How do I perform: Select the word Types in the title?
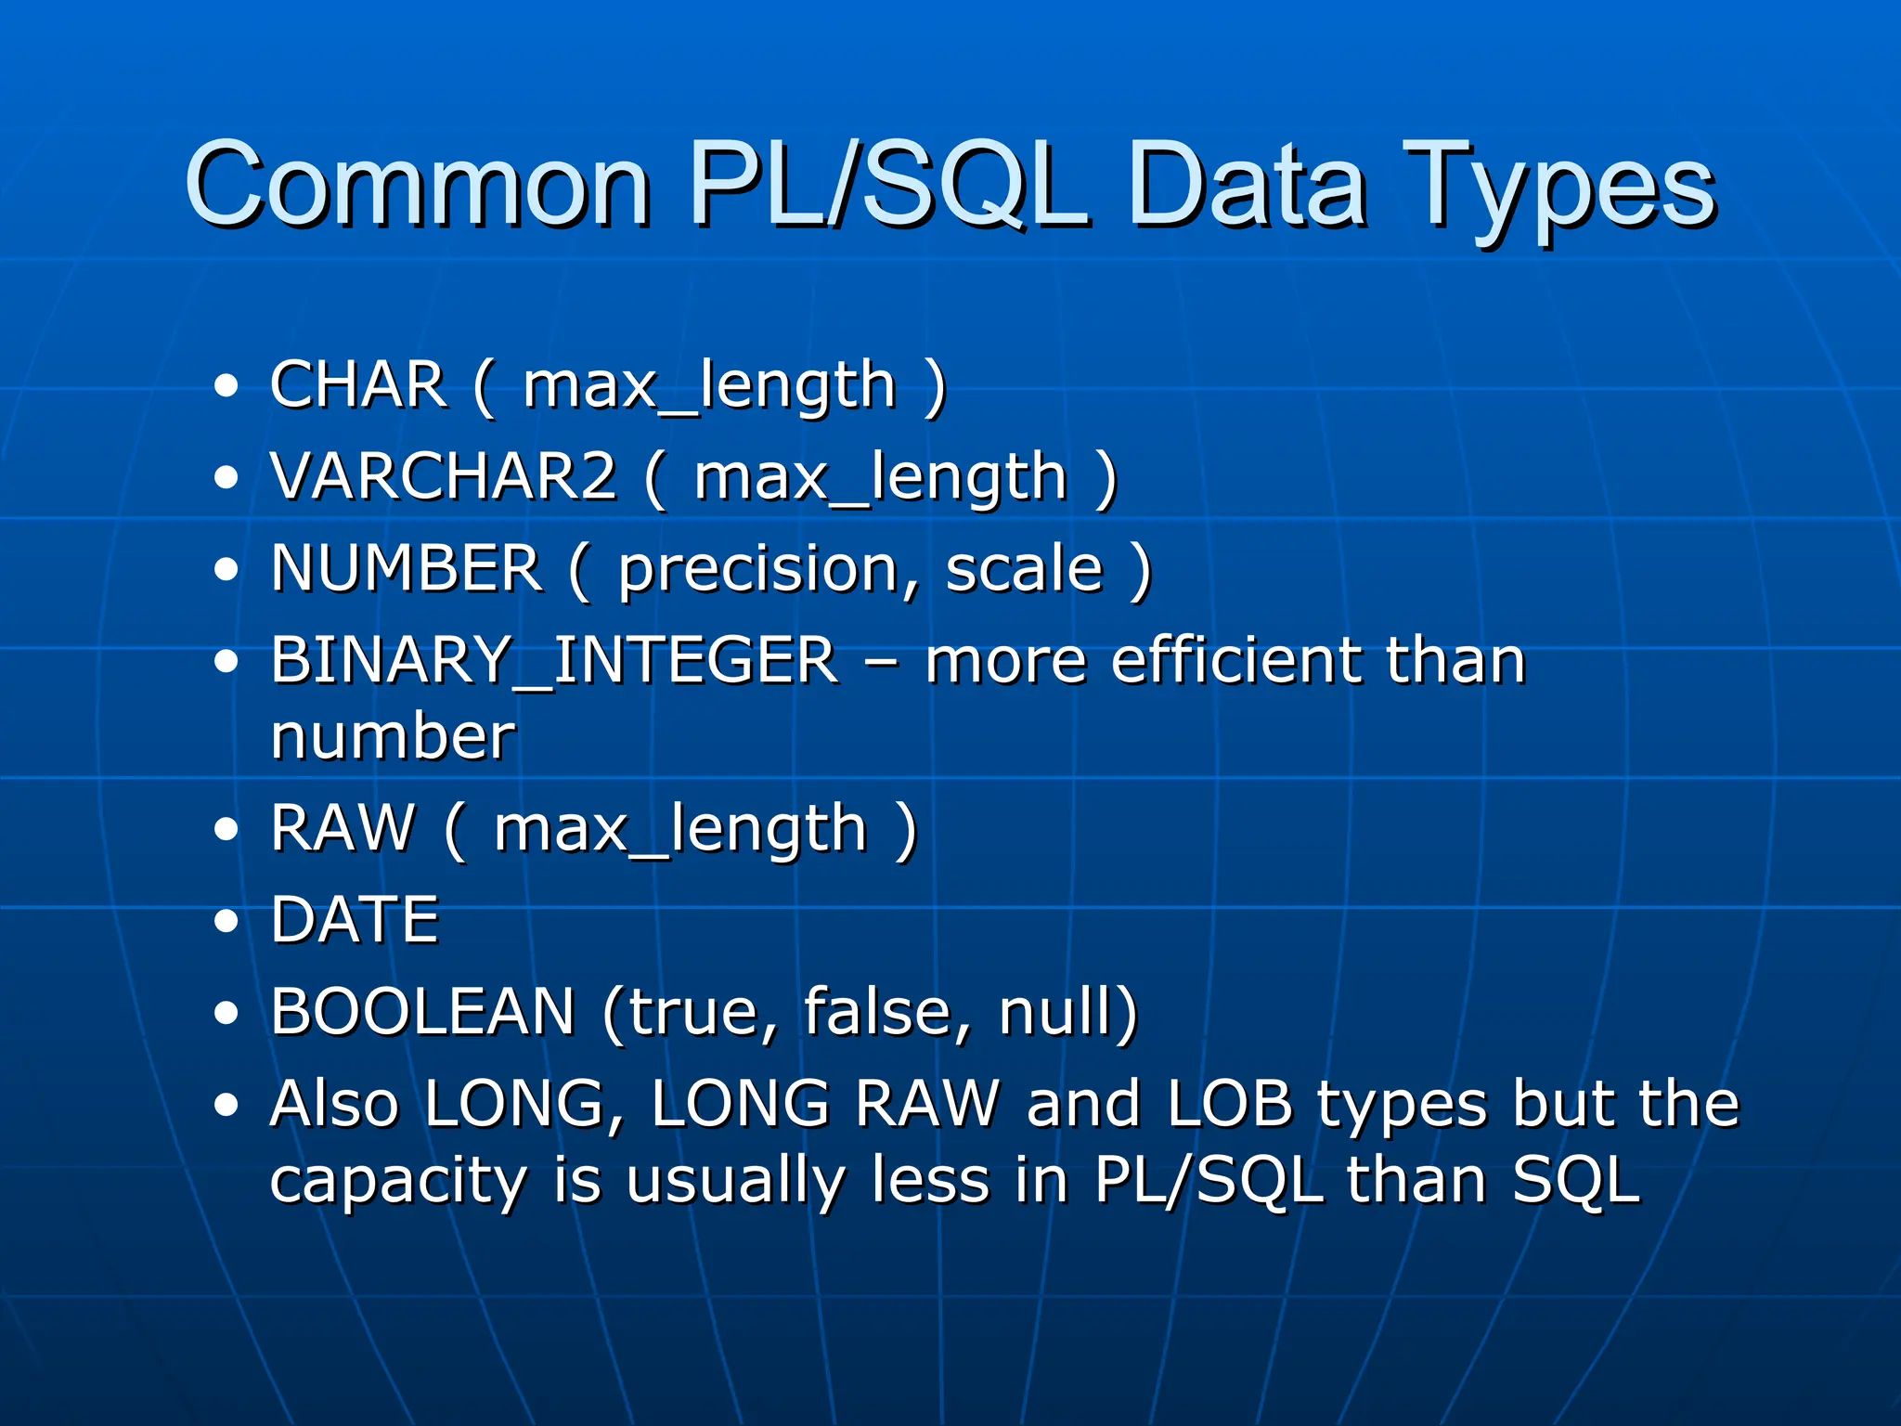pyautogui.click(x=1559, y=186)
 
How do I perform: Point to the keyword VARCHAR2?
pyautogui.click(x=444, y=475)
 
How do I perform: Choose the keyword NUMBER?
pyautogui.click(x=407, y=567)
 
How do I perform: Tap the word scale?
pyautogui.click(x=1025, y=567)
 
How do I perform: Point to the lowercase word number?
pyautogui.click(x=393, y=735)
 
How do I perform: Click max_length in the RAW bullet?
pyautogui.click(x=680, y=828)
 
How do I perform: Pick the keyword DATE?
pyautogui.click(x=355, y=919)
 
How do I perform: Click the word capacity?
pyautogui.click(x=398, y=1181)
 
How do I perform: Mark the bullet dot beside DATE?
pyautogui.click(x=226, y=921)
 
